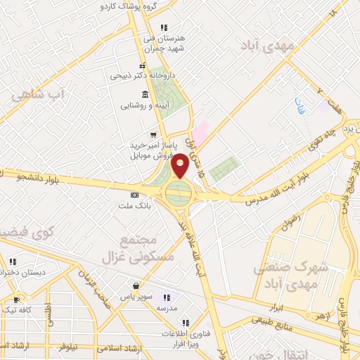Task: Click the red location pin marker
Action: pos(180,165)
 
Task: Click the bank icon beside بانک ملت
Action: pos(134,195)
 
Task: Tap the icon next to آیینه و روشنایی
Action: pos(145,94)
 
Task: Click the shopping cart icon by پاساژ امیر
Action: pos(152,135)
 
